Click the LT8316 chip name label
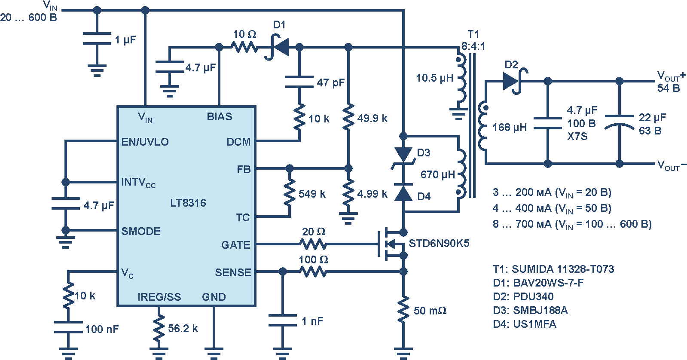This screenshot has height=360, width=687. [188, 203]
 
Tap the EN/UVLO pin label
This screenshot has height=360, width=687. [145, 142]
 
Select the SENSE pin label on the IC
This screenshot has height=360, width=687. [233, 272]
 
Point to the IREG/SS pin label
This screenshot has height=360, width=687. [159, 297]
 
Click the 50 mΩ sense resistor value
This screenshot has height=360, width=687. [430, 311]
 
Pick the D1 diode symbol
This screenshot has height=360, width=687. [277, 47]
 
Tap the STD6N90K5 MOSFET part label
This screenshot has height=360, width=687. [439, 244]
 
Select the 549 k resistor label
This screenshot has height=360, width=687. [312, 194]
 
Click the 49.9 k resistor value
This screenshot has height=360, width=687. [372, 119]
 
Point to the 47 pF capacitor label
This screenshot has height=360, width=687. [331, 82]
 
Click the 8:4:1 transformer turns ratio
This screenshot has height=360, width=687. [473, 46]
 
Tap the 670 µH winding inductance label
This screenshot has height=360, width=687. [438, 175]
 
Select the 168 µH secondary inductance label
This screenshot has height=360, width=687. [510, 127]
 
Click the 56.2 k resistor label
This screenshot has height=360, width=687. [183, 328]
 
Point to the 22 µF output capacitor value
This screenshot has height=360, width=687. [652, 117]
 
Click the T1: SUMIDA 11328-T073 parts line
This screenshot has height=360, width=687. [553, 269]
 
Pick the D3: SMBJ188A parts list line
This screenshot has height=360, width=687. [530, 310]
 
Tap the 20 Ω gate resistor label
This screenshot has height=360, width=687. [314, 232]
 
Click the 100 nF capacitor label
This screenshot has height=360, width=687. [102, 329]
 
